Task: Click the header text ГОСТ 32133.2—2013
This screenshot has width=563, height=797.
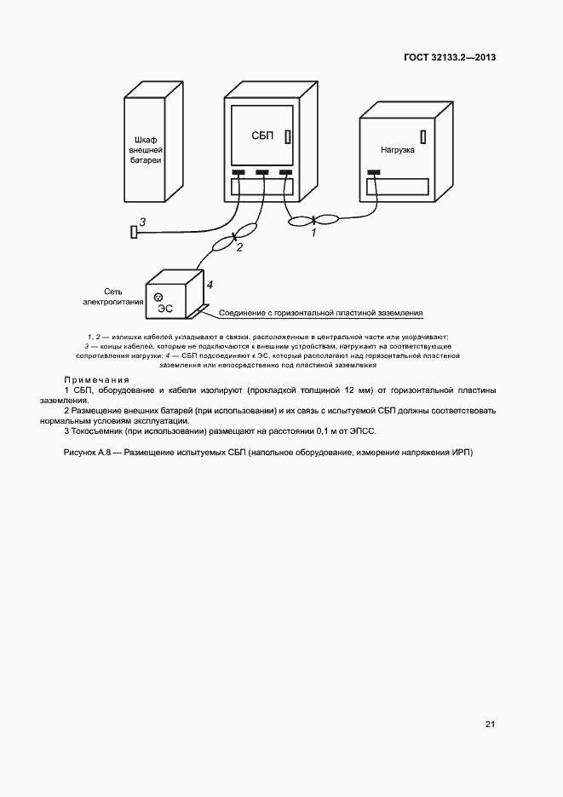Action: click(450, 58)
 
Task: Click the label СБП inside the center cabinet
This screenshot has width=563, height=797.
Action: click(262, 136)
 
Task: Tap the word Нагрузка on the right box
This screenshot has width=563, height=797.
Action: click(398, 149)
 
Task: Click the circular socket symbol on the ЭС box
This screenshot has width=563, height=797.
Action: click(158, 296)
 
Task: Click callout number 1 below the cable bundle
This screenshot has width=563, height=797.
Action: click(313, 231)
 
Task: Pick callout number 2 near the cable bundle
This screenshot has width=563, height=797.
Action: click(239, 247)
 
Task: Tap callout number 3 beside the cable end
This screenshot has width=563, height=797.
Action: click(142, 222)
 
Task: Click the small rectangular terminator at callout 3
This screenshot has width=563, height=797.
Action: click(133, 231)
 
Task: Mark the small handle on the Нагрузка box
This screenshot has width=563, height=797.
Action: click(423, 136)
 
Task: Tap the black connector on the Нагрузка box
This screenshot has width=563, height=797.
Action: click(373, 173)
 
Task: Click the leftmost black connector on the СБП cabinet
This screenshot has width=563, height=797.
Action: click(239, 173)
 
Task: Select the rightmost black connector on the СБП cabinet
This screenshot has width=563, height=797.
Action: click(285, 173)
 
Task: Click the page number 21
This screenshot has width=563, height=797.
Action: click(490, 725)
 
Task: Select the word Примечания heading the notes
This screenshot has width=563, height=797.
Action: click(96, 379)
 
